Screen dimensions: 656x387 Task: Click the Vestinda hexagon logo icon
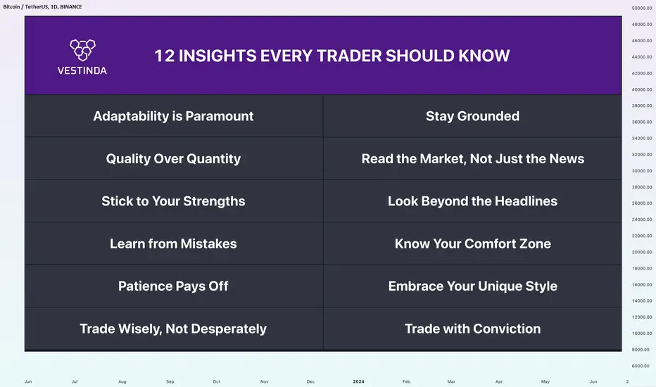pos(82,50)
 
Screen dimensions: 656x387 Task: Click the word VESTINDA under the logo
pos(82,70)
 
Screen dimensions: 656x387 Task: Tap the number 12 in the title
pos(164,56)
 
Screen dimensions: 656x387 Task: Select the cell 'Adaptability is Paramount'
pos(173,116)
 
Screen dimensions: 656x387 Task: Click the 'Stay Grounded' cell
pos(472,116)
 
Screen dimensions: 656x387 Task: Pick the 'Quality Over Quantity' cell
pos(173,158)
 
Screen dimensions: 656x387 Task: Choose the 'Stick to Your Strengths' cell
pos(173,201)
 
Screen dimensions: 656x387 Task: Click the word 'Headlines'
pos(526,201)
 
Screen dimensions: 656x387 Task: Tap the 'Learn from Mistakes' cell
pos(173,243)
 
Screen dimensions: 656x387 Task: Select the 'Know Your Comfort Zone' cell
pos(472,243)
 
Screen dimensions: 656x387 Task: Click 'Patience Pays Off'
pos(173,286)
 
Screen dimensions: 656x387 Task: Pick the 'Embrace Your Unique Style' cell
pos(472,286)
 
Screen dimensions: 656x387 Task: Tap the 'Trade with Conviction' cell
pos(472,329)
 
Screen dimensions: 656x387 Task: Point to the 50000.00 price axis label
pos(642,8)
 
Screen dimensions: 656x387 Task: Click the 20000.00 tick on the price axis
pos(642,253)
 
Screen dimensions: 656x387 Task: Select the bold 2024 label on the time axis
pos(358,381)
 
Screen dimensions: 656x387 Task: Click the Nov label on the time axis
pos(265,381)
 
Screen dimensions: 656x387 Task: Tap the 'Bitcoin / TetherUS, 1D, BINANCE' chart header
pos(42,7)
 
